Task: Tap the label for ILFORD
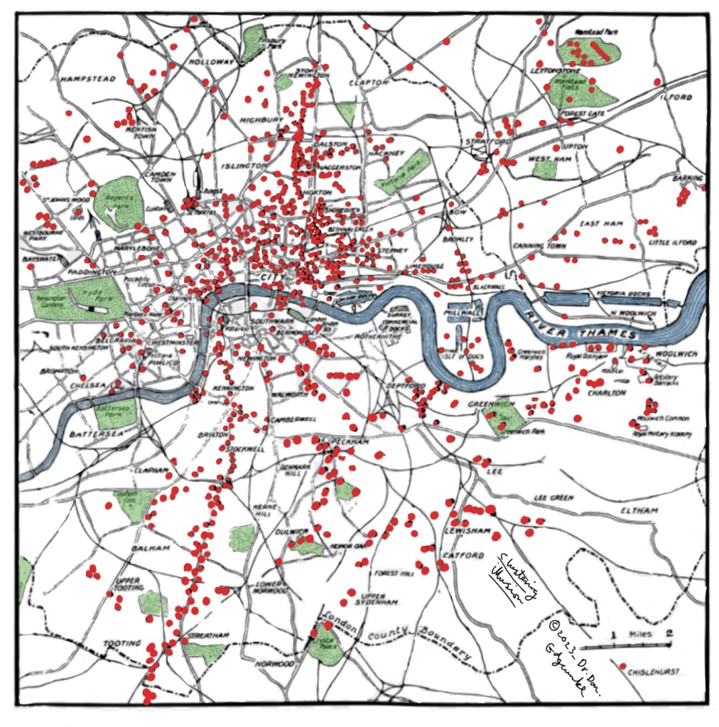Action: [x=676, y=97]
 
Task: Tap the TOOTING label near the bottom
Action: [x=122, y=644]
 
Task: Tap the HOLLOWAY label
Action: [x=211, y=63]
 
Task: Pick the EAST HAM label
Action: [x=601, y=224]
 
